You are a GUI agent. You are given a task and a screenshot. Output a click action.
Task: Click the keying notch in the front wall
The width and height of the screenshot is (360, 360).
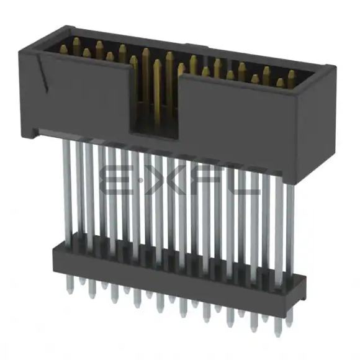(155, 101)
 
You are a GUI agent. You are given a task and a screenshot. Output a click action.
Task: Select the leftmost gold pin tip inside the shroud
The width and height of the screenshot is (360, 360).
(64, 50)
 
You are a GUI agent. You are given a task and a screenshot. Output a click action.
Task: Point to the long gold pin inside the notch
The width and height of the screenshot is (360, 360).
(157, 92)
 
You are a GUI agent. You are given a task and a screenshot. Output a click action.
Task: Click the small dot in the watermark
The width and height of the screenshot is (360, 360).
(140, 181)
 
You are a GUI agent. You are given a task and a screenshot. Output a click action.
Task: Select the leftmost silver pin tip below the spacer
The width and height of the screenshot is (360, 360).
(68, 284)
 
